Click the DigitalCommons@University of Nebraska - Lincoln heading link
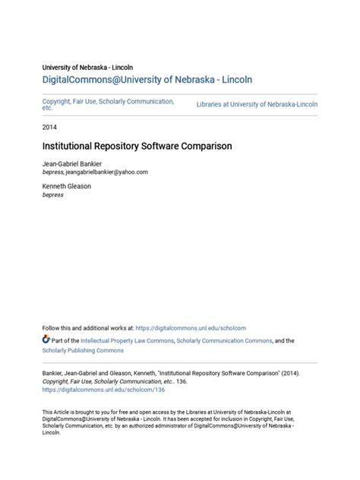tap(147, 79)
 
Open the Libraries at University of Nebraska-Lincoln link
tap(257, 104)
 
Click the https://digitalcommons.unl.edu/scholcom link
tap(191, 328)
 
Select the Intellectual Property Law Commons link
tap(127, 341)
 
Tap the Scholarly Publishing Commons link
tap(83, 351)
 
